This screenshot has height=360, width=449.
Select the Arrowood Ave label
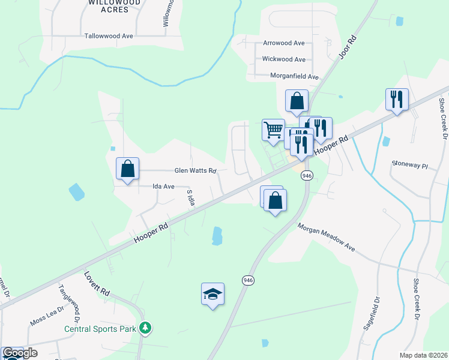(x=284, y=43)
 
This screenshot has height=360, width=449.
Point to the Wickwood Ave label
(x=283, y=59)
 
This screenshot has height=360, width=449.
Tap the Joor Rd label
(x=348, y=46)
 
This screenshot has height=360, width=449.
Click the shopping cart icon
(x=273, y=130)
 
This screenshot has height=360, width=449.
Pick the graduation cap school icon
(x=212, y=294)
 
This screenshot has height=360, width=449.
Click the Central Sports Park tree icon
(x=145, y=328)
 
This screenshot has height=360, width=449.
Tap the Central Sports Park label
(x=100, y=329)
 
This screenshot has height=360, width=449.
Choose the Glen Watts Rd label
(x=195, y=170)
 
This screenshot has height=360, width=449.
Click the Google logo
(x=20, y=353)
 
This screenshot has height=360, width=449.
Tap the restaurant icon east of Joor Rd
(x=397, y=99)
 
